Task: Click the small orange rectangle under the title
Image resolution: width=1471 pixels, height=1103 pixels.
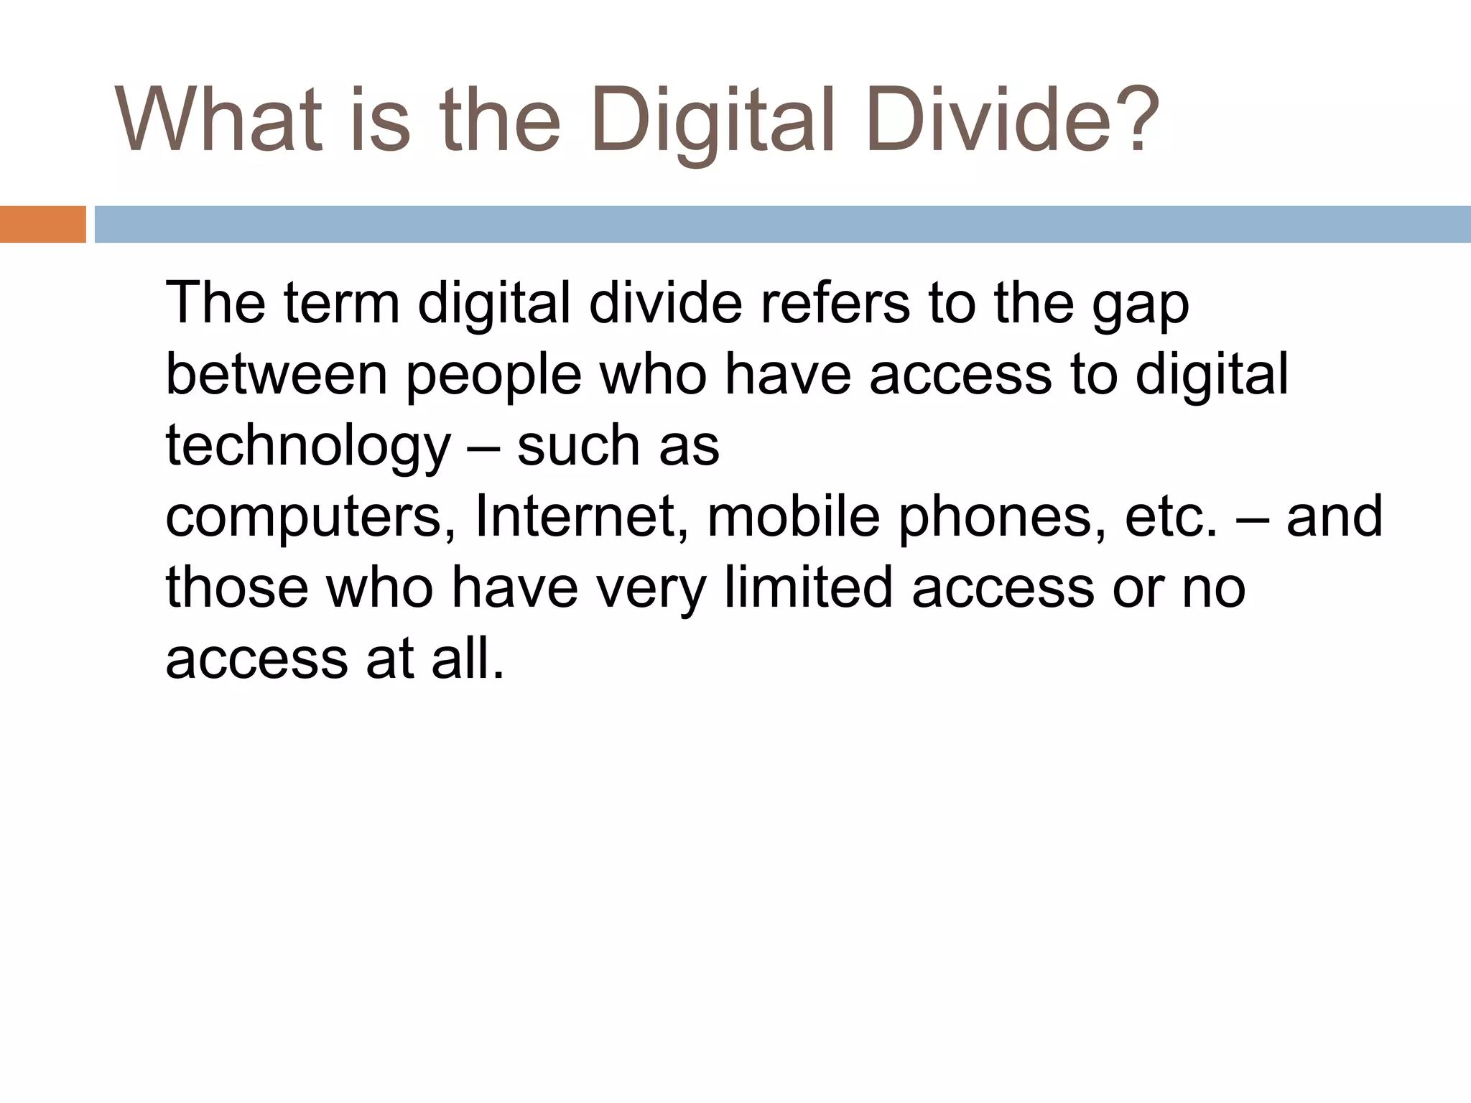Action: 42,224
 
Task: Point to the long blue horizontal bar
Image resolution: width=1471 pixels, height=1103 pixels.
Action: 782,224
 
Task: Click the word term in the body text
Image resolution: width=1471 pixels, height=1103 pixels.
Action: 341,303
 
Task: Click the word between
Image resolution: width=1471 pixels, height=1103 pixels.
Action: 277,375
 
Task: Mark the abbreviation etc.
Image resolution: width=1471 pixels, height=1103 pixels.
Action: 1171,517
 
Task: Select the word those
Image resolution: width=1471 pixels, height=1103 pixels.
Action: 237,587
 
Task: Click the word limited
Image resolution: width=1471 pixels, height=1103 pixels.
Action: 809,587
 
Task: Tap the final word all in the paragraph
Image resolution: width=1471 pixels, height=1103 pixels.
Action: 468,657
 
